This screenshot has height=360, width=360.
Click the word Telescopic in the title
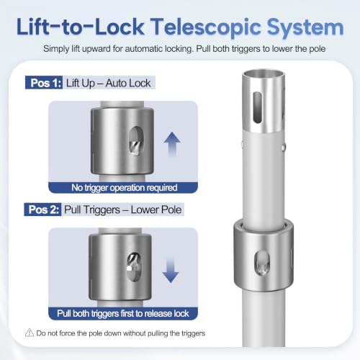point(205,27)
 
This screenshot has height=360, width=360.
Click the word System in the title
point(305,28)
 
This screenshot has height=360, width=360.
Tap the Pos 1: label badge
point(44,83)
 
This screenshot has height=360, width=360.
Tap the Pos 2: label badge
point(42,210)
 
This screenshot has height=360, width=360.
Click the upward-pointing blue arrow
point(172,144)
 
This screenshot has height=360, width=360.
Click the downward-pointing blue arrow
point(171,270)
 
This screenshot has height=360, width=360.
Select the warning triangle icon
point(30,333)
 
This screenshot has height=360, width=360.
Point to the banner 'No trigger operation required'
point(123,188)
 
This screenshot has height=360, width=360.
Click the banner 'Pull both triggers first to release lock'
point(123,313)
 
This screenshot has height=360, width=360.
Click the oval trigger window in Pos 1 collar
point(136,141)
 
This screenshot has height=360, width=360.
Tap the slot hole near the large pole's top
point(257,107)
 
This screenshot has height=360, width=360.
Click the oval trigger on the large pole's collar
point(262,263)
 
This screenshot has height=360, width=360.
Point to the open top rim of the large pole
point(264,73)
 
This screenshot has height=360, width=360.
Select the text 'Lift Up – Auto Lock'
point(109,84)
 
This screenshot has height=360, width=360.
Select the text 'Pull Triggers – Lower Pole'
point(122,210)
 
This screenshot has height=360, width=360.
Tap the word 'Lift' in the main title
point(30,27)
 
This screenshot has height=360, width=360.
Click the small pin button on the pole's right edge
point(284,147)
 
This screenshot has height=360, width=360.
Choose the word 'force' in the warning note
point(67,333)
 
